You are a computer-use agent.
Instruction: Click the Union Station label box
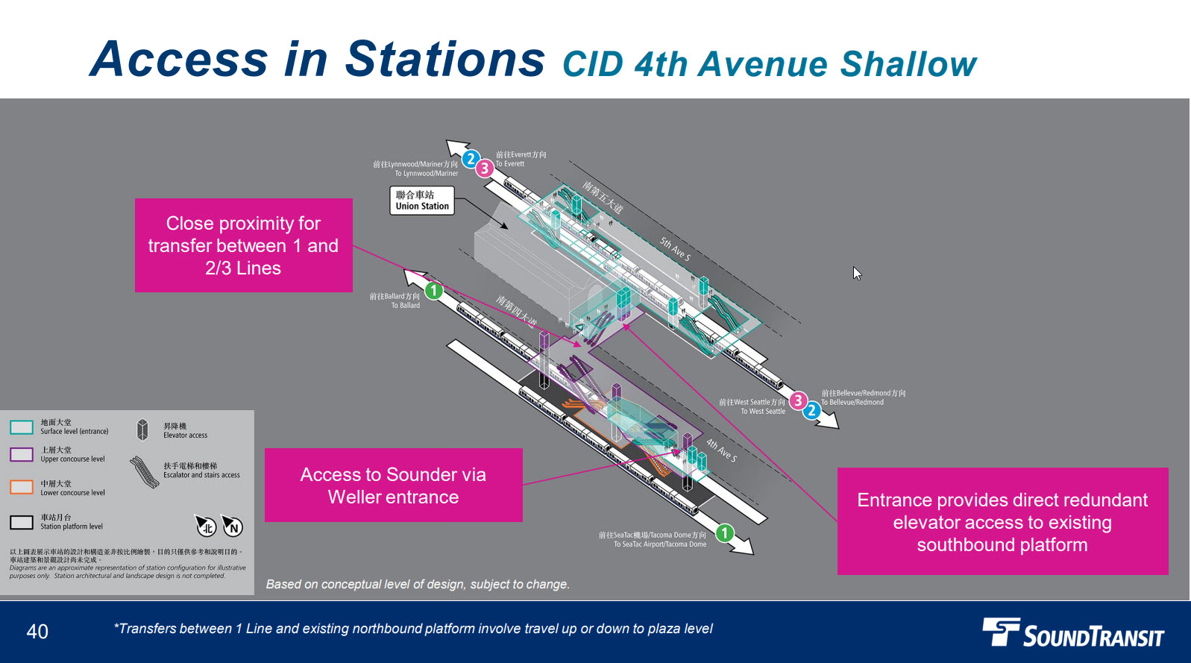point(422,201)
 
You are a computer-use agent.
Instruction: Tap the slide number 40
point(37,632)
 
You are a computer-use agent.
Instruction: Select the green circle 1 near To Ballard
point(434,290)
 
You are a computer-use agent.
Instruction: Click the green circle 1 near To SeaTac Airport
point(724,532)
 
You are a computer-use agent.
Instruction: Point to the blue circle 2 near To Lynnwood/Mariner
point(471,159)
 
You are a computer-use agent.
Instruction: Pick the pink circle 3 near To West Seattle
point(798,400)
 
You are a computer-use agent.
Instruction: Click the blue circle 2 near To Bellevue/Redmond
point(811,410)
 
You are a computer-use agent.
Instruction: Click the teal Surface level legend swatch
point(22,427)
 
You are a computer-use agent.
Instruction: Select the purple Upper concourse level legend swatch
point(22,454)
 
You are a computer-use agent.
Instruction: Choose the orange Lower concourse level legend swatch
point(22,487)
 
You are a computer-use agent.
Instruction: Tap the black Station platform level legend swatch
point(22,522)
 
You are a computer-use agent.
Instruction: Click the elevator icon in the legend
point(142,430)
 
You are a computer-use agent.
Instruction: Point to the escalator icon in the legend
point(144,472)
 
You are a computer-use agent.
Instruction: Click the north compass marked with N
point(233,527)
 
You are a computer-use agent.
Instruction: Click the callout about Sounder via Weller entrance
point(393,486)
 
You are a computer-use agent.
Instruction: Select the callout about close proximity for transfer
point(243,245)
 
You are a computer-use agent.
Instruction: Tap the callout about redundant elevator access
point(1002,521)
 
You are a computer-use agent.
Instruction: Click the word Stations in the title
point(445,60)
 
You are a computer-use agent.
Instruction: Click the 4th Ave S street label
point(721,450)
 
